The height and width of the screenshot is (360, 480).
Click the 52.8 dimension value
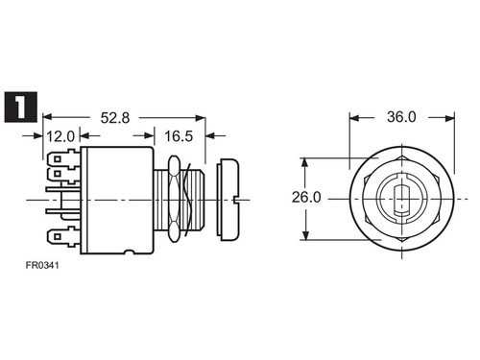[115, 118]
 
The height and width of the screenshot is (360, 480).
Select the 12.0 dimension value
[60, 136]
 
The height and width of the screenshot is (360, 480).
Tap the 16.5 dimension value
[179, 136]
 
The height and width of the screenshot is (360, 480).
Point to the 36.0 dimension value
[401, 117]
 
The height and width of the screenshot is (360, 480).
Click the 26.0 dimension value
[306, 198]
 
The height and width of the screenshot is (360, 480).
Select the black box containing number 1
[21, 108]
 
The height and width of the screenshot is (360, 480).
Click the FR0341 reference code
[42, 265]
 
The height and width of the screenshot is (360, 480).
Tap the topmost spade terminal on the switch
[63, 158]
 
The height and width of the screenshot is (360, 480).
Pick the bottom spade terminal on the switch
[63, 237]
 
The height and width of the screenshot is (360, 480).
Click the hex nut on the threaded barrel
[174, 199]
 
